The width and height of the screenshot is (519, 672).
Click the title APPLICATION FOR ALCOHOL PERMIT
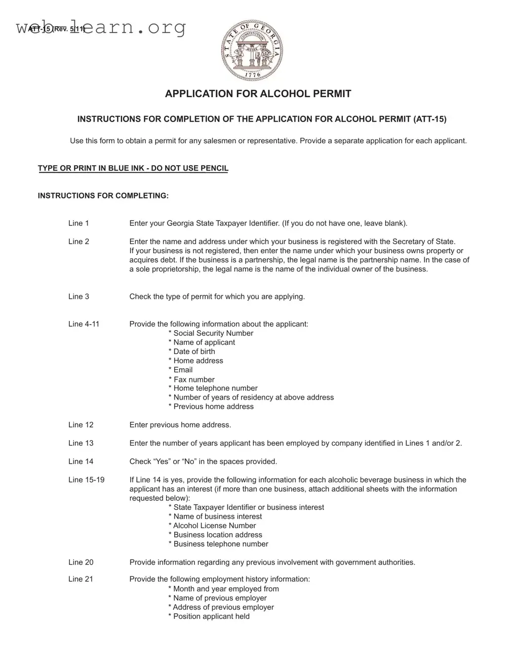pos(258,94)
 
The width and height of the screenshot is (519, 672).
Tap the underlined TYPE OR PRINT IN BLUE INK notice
pos(133,168)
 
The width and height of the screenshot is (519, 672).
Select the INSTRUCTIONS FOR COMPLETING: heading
pos(103,195)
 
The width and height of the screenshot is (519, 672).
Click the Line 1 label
pos(78,223)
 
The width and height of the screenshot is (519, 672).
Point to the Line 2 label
pos(78,242)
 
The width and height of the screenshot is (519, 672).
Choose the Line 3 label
pos(78,297)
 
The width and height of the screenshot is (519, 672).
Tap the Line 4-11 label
pos(84,324)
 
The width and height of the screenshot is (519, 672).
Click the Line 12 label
pos(81,425)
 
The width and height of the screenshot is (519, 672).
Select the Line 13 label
pos(81,443)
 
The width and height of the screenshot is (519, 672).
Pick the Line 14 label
pos(81,461)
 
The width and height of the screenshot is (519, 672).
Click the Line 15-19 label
pos(86,480)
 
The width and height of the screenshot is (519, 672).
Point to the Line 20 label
pos(81,562)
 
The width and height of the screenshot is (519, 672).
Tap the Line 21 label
pos(81,579)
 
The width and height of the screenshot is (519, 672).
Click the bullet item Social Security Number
pos(211,333)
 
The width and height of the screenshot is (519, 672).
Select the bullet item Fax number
pos(191,379)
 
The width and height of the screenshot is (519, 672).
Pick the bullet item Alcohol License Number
pos(212,526)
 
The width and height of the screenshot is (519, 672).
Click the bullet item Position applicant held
pos(209,616)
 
